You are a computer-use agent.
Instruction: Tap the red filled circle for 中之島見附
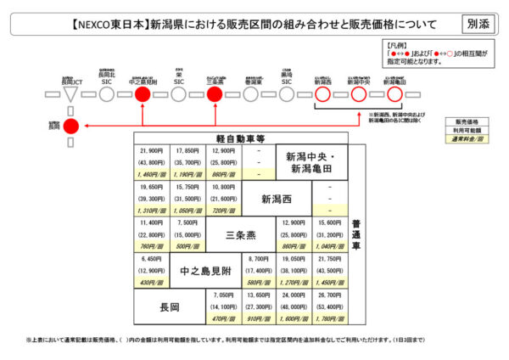143,94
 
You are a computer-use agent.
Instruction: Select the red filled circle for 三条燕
214,94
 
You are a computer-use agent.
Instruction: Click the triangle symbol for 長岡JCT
72,94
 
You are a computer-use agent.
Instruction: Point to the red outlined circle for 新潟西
322,94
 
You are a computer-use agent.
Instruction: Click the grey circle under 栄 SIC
179,94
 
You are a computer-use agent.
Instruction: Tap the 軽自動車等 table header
241,138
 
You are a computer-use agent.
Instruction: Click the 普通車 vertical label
356,233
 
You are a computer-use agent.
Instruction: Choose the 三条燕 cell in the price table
241,233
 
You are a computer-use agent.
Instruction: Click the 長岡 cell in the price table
170,306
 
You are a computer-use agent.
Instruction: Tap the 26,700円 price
330,295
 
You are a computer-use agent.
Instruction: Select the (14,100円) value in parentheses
224,306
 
